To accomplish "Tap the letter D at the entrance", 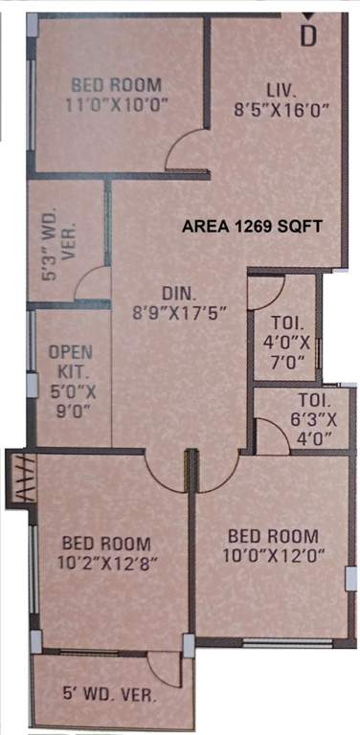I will [308, 35].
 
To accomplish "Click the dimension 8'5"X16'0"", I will [278, 109].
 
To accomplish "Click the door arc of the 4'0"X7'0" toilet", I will [265, 293].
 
